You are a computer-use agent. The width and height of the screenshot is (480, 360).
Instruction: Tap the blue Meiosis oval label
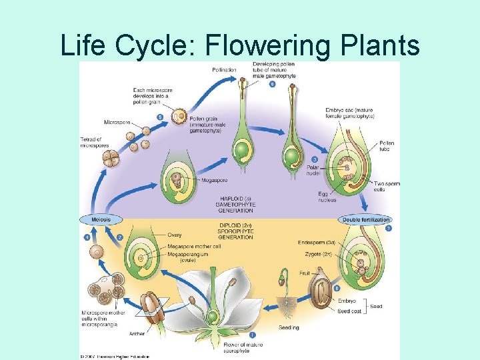(97, 219)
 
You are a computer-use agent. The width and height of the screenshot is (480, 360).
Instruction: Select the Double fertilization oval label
(365, 219)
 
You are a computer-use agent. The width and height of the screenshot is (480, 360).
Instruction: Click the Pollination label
(224, 69)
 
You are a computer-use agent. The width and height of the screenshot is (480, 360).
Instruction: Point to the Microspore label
(117, 122)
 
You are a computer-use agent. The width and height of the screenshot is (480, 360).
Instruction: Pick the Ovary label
(175, 235)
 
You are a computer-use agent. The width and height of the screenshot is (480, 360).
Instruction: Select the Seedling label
(289, 327)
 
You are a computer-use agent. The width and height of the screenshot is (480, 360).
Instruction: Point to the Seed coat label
(349, 311)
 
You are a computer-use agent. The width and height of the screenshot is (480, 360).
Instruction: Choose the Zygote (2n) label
(318, 254)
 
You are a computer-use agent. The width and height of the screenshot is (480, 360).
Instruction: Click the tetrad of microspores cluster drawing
(110, 158)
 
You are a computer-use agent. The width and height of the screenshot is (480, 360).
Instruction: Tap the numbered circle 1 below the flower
(251, 334)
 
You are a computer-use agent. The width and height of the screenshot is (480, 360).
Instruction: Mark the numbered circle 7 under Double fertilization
(389, 229)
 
